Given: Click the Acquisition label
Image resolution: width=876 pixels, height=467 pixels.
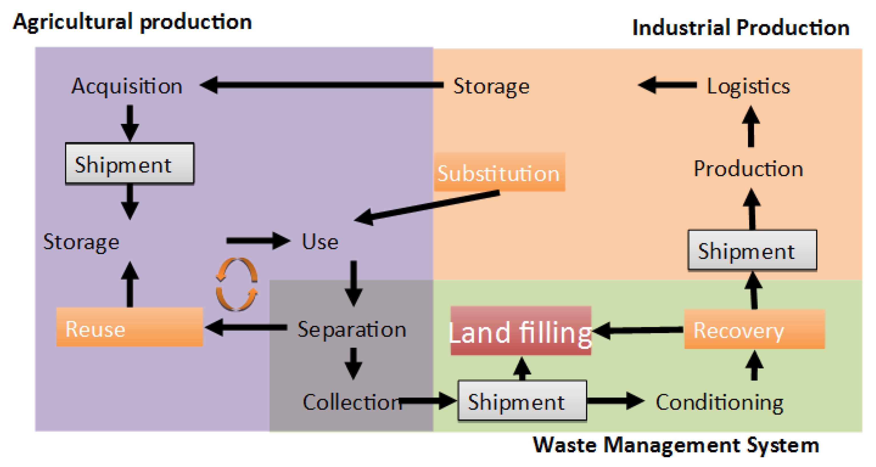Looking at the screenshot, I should coord(127,86).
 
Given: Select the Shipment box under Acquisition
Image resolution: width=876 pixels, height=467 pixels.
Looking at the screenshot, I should coord(129,163).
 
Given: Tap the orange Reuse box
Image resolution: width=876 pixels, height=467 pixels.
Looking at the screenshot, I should coord(129,327).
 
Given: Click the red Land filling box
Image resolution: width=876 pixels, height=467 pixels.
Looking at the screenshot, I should coord(521,331).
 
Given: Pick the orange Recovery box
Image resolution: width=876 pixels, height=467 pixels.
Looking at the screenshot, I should coord(754,329).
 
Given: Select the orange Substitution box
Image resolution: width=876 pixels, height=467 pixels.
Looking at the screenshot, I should coord(499,172).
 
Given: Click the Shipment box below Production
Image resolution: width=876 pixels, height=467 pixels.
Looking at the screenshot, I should coord(752,250).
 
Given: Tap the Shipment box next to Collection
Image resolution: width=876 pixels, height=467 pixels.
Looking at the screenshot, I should coord(522,401).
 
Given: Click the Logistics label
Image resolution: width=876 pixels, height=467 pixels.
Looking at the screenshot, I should coord(748,86).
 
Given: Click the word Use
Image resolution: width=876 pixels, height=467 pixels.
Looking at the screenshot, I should coord(320,242).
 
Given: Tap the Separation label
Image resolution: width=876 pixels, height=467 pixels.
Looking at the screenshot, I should coord(352,329).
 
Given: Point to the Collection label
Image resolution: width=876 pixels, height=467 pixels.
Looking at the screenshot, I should coord(352,402).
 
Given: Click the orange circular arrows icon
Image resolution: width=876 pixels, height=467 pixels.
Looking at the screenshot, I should coord(237,284).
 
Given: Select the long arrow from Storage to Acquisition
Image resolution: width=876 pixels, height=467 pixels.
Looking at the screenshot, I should coord(321,85).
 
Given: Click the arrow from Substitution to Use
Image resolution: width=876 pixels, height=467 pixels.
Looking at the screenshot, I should coord(427,207).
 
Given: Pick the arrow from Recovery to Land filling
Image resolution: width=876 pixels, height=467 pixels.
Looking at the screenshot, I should coord(638,330).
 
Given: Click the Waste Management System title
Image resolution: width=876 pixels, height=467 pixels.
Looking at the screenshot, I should coord(676,445).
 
